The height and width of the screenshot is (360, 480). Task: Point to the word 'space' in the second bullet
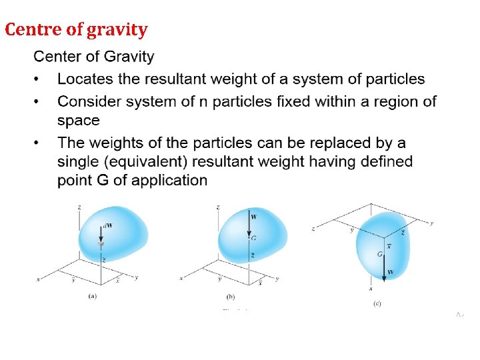[x=79, y=121]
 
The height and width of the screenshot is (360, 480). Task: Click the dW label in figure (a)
[x=108, y=225]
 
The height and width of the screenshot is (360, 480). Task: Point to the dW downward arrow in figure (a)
[x=101, y=235]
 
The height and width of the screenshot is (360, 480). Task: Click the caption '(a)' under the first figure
[x=93, y=295]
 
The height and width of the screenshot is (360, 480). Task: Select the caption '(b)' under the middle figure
[x=231, y=296]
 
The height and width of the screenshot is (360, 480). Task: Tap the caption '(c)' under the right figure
[x=378, y=303]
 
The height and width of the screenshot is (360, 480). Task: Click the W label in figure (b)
[x=253, y=217]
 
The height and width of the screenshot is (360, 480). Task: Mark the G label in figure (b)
[x=253, y=237]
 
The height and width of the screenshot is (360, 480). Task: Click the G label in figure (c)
[x=379, y=254]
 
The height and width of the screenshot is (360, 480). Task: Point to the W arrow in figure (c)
[x=385, y=263]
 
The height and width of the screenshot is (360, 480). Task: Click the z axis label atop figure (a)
[x=79, y=207]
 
